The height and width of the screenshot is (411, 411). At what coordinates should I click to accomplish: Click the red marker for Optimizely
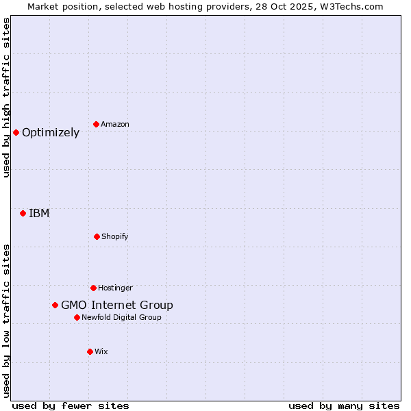[16, 132]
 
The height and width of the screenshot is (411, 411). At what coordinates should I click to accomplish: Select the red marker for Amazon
[96, 124]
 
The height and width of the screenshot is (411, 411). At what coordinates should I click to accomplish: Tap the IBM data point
[23, 213]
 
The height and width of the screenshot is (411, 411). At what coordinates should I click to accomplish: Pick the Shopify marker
[97, 236]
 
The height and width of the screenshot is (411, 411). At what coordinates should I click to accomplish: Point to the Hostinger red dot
[93, 288]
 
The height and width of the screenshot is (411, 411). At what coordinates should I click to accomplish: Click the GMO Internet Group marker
[55, 305]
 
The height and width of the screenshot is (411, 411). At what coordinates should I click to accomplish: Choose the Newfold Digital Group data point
[77, 317]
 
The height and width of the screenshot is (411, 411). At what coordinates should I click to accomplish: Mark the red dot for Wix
[90, 351]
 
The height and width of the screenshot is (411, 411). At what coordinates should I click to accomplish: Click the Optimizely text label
[51, 133]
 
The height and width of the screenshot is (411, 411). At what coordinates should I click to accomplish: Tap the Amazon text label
[115, 125]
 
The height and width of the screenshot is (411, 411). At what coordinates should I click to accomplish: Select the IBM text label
[39, 214]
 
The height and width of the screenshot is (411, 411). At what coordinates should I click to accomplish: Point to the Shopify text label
[115, 237]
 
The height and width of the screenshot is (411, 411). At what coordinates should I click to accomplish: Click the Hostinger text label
[115, 288]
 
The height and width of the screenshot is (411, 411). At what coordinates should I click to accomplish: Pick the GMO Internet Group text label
[117, 306]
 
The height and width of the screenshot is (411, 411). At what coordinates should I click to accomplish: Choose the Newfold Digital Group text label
[121, 318]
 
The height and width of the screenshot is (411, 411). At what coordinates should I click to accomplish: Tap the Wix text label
[101, 352]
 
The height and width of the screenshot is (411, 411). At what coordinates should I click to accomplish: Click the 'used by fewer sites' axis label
[71, 406]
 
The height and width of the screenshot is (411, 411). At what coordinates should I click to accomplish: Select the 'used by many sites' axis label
[344, 406]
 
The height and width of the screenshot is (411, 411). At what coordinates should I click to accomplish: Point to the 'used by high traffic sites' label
[6, 97]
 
